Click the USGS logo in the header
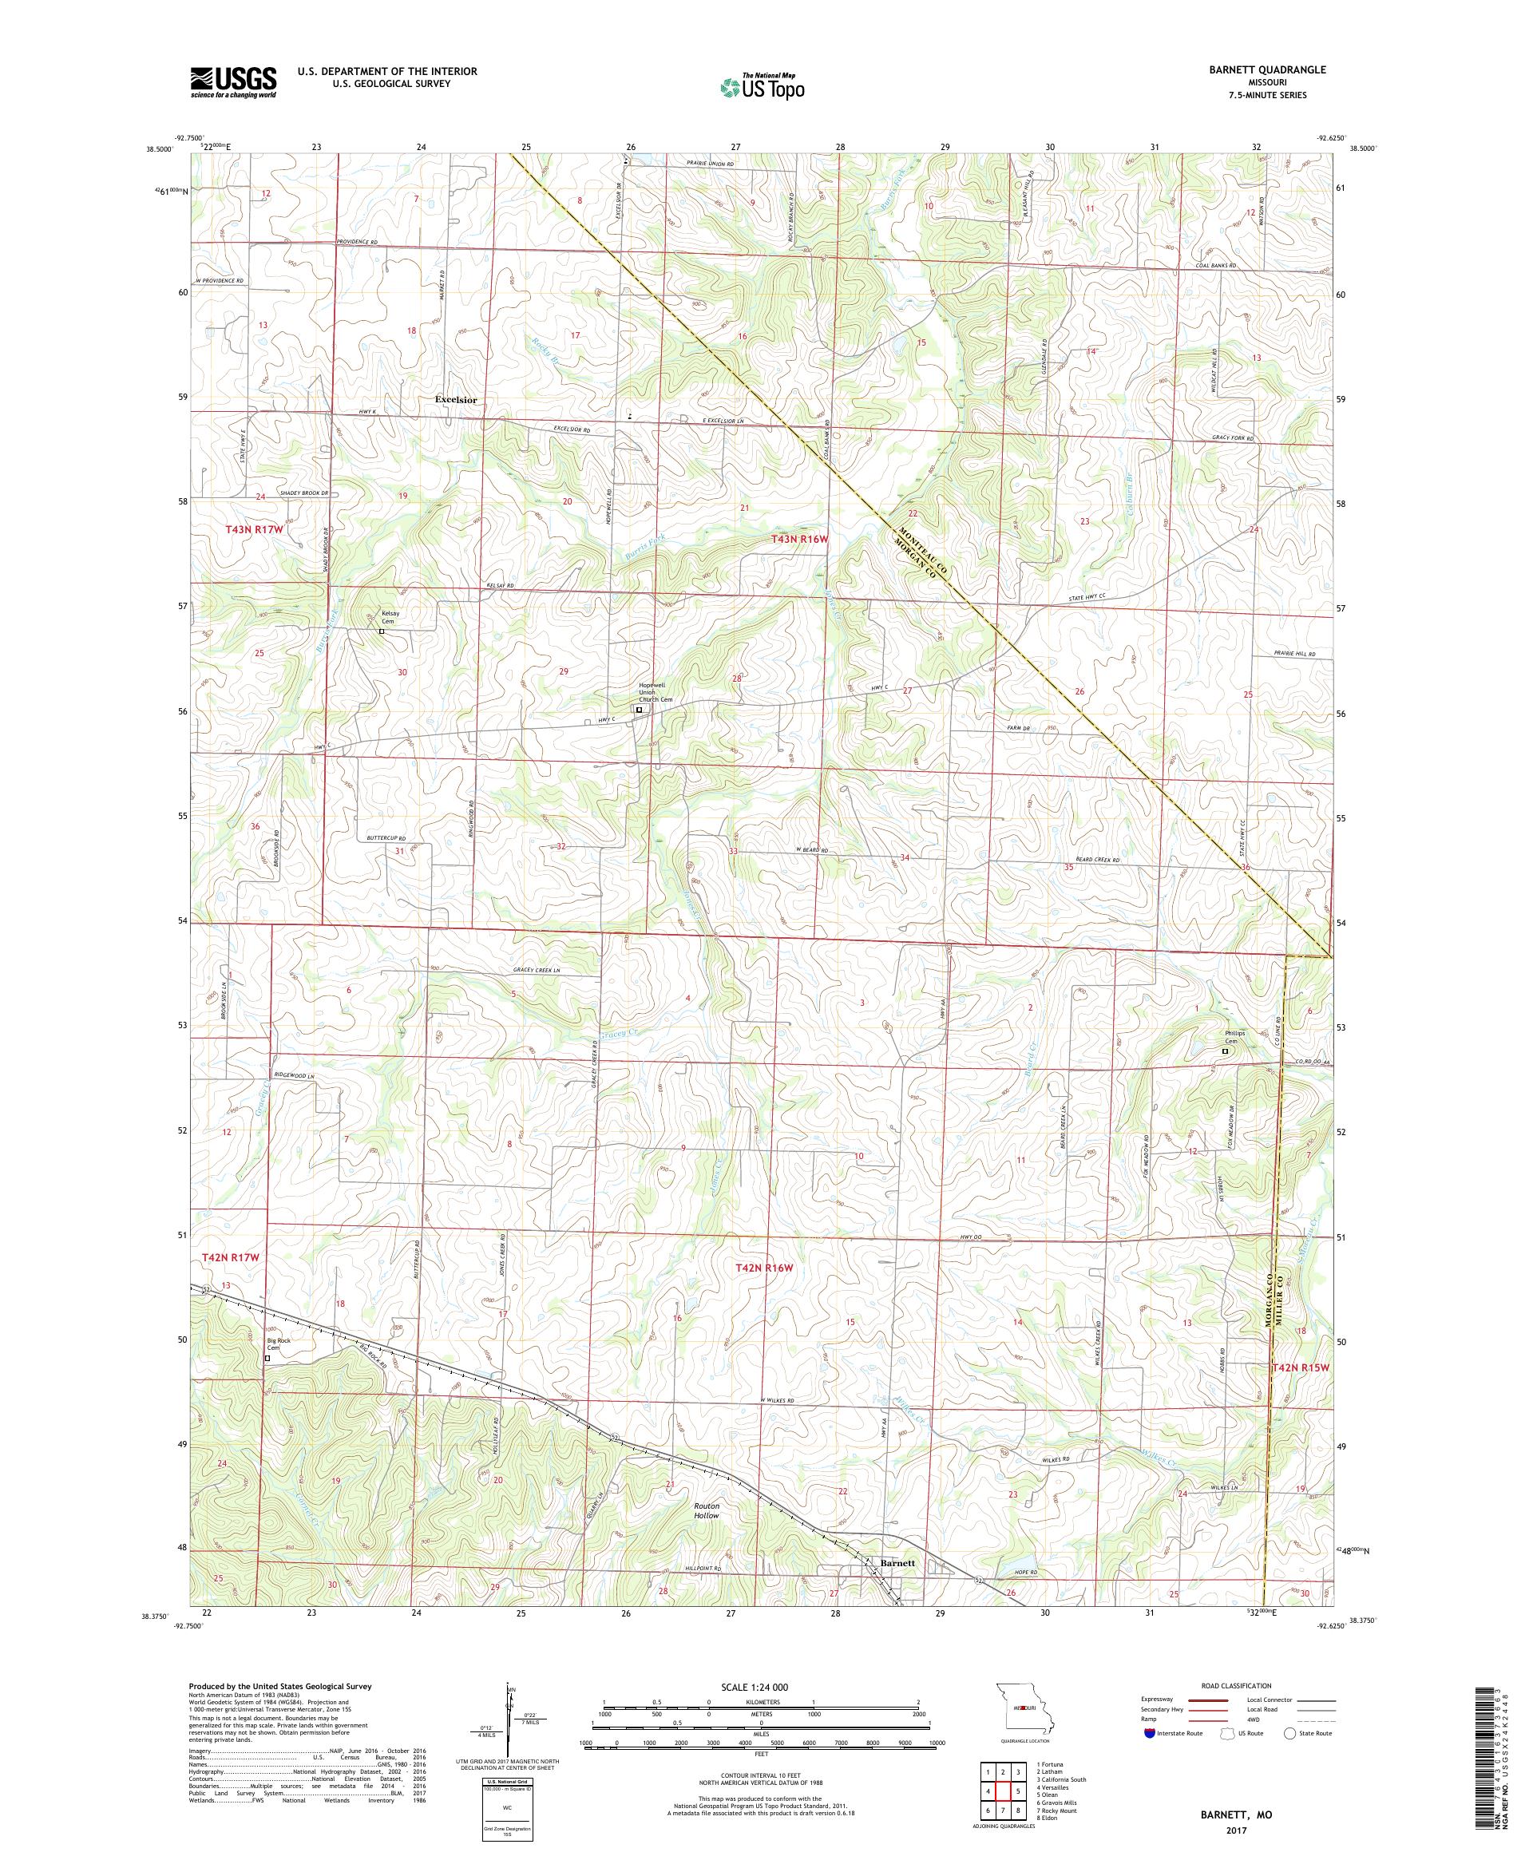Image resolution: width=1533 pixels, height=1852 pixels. [x=233, y=83]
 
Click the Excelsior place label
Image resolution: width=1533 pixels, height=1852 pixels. [x=455, y=399]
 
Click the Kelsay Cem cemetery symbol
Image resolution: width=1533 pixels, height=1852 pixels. [x=382, y=631]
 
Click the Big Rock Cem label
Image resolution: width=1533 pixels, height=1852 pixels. [x=279, y=1369]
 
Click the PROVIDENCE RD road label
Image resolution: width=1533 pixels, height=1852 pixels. [x=356, y=243]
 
